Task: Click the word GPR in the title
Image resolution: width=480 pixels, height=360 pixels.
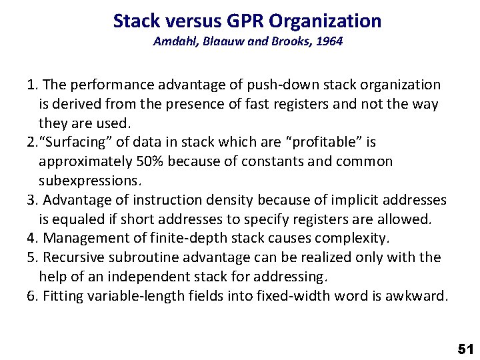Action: click(x=241, y=21)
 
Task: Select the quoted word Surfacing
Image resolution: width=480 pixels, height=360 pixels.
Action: click(x=73, y=142)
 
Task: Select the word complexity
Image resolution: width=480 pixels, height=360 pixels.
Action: click(x=360, y=238)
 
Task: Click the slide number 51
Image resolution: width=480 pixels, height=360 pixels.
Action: click(x=464, y=348)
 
